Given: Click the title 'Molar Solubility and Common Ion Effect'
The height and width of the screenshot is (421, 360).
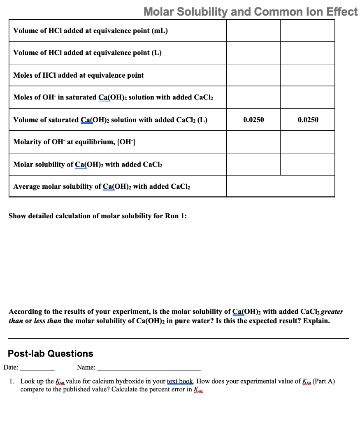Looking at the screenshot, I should pos(251,12).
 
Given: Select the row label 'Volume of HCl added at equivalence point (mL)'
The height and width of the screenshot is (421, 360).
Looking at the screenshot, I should pos(91,31).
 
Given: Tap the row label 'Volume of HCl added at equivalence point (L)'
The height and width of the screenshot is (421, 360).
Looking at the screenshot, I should pos(87,53).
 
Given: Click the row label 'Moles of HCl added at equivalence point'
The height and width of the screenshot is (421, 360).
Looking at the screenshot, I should pos(79,75).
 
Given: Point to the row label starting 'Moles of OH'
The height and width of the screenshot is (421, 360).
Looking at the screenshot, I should pos(113,97).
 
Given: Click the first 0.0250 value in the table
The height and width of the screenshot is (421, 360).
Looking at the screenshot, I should pos(253,120).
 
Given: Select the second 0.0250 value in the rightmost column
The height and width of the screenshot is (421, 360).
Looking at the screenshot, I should pos(308,120).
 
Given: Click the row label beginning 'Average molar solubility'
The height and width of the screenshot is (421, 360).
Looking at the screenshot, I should pos(102,186).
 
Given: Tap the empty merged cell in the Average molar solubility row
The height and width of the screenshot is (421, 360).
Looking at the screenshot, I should pos(280,186).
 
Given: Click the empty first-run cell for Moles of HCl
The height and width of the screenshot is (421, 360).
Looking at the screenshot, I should pos(253,75).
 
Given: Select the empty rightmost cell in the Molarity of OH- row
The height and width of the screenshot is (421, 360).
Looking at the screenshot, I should pos(308,142).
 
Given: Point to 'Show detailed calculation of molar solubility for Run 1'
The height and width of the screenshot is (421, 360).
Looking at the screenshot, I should pos(98,216).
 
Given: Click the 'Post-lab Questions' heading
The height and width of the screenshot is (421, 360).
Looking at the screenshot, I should pos(51,354).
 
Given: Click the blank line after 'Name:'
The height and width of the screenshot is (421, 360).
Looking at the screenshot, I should pos(149,368).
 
